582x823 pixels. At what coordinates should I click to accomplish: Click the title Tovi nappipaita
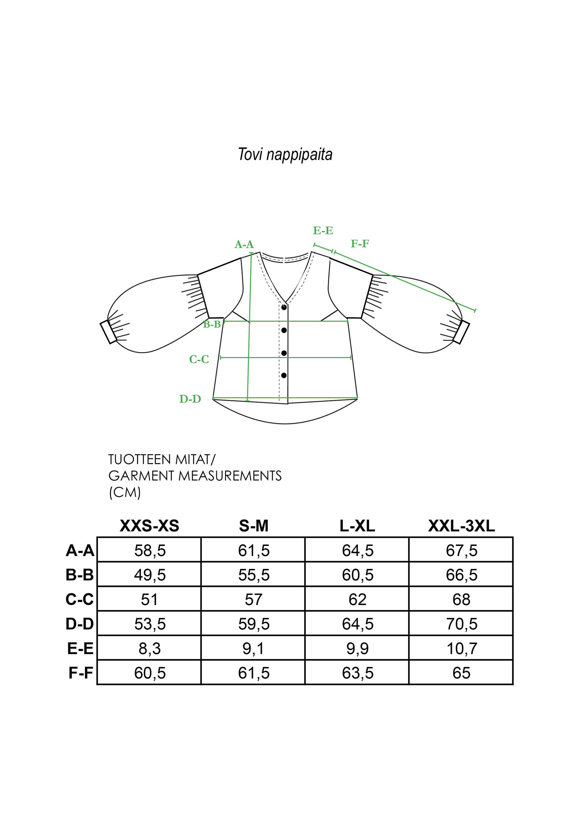(285, 155)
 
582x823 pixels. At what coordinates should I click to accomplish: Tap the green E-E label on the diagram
(323, 230)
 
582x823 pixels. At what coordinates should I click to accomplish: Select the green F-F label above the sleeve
(359, 244)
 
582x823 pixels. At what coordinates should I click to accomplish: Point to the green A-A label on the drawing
(244, 244)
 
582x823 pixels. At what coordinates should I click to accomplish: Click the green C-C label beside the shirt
(199, 359)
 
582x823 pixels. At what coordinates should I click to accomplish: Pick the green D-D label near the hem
(190, 399)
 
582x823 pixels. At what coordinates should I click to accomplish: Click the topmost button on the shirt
(284, 308)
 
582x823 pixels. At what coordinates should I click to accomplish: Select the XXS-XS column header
(150, 526)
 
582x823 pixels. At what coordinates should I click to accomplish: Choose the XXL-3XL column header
(461, 526)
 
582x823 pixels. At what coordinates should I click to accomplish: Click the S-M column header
(254, 526)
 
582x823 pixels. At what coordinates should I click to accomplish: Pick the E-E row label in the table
(80, 648)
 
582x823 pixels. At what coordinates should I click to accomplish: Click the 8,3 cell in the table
(150, 649)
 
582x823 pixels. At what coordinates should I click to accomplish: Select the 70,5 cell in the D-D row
(462, 624)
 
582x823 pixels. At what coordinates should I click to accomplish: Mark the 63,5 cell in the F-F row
(358, 673)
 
